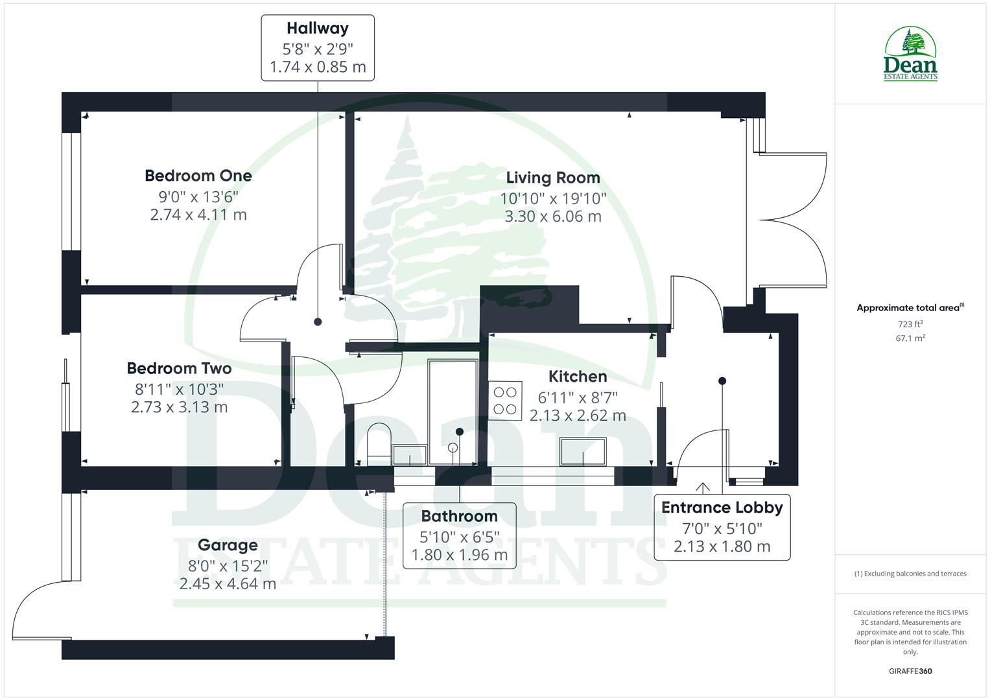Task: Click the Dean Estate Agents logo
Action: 910,54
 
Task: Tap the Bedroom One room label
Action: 198,176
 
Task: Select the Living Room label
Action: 552,178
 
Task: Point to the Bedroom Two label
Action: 179,369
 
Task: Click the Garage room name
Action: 228,545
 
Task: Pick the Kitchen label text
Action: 578,377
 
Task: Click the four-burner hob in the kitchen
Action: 506,401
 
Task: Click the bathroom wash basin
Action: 410,456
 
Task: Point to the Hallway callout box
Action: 318,48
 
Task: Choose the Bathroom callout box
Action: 459,535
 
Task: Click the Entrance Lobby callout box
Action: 722,527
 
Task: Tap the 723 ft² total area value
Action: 910,324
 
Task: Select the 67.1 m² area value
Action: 910,338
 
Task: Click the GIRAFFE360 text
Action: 910,671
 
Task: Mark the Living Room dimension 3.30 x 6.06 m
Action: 553,216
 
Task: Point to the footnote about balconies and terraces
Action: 910,574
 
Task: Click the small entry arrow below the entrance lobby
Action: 703,487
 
